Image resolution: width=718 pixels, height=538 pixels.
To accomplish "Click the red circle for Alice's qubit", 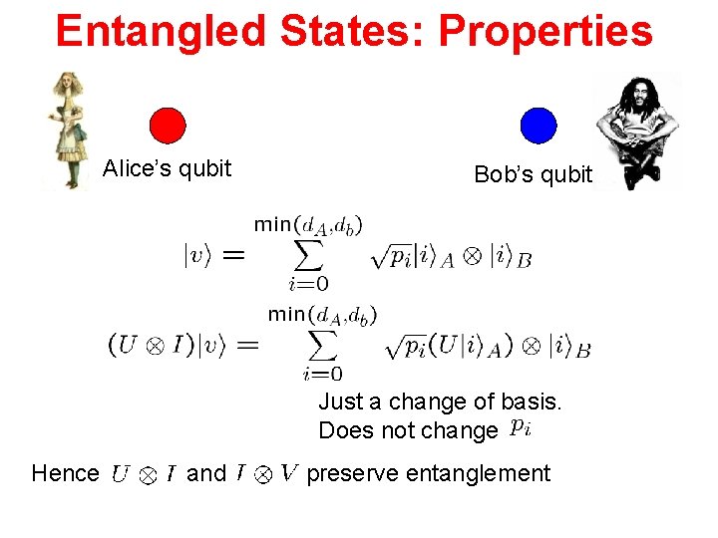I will click(x=168, y=126).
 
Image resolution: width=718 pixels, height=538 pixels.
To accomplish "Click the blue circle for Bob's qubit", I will click(x=538, y=126).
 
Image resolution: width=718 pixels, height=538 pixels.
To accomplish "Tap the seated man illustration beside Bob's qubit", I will click(x=636, y=130).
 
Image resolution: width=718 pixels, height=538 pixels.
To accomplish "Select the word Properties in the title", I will click(x=545, y=31).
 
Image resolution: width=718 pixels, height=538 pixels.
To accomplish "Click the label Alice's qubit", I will click(x=167, y=168).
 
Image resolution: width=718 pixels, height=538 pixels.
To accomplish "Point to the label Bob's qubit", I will click(x=533, y=175).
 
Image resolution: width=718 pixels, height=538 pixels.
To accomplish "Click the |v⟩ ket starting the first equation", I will click(x=198, y=256).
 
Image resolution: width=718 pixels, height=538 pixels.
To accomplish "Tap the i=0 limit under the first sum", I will click(x=308, y=285).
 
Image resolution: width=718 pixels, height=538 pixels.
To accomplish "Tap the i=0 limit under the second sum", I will click(x=322, y=375).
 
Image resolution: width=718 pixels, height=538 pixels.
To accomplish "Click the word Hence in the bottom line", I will click(x=65, y=473).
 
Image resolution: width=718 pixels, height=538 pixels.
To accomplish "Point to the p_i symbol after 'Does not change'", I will click(x=519, y=429).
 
